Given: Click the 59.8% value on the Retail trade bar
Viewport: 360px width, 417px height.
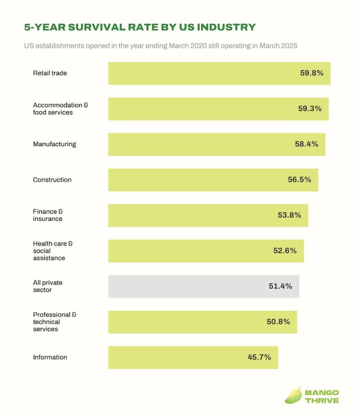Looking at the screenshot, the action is pos(311,73).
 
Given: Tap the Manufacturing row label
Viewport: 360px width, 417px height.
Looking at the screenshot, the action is pos(54,144).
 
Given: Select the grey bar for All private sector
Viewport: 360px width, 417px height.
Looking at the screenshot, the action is pos(204,286).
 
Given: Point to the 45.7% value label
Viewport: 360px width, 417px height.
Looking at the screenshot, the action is pos(259,357).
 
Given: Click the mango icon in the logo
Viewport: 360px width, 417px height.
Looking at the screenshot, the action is pos(293,395).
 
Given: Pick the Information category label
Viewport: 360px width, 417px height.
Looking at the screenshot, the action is pos(50,357).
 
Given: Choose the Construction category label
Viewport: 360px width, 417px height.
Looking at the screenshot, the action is pos(52,180).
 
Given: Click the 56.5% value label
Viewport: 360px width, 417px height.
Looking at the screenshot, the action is pos(299,180).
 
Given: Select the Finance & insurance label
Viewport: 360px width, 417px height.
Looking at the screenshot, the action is pos(48,215).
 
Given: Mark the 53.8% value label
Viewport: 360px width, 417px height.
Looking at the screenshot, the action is pos(289,215).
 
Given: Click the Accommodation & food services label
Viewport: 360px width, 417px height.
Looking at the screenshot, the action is pos(60,109).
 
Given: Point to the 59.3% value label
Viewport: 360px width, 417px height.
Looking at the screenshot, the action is pos(310,108).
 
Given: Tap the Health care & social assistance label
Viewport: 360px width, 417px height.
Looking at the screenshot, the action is pos(53,251).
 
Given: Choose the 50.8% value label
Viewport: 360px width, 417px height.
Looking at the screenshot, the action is pos(278,322).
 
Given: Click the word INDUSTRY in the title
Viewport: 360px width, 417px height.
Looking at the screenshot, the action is pos(226,27).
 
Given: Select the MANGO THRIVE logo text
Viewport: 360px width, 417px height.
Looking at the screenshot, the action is pos(322,397).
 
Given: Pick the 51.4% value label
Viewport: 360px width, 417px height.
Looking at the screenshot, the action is pos(280,286).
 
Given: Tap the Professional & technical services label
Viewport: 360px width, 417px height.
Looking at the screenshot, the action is pos(55,322).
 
